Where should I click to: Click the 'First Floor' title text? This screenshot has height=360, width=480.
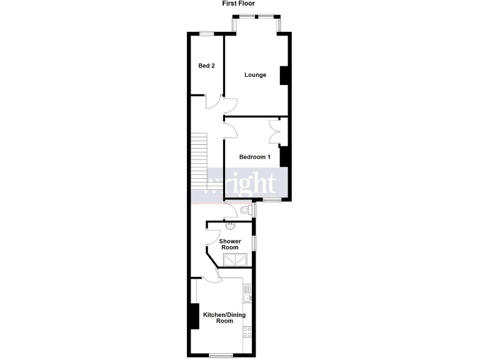(240, 3)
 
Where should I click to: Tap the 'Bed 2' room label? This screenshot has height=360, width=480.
(207, 66)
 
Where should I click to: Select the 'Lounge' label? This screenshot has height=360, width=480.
(255, 75)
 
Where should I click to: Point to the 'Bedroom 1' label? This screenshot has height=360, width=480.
(254, 157)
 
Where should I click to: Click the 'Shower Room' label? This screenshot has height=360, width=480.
(230, 244)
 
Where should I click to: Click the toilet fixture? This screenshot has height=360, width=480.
(244, 209)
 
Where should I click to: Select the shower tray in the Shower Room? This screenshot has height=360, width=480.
(237, 259)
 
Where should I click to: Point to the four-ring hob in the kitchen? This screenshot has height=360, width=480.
(247, 333)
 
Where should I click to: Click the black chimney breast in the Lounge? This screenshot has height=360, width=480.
(284, 75)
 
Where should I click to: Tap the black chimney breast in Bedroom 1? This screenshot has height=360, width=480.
(284, 156)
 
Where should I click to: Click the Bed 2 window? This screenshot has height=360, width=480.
(206, 33)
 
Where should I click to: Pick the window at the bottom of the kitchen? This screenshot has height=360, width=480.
(221, 355)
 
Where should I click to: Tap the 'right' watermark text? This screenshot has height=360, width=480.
(250, 184)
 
